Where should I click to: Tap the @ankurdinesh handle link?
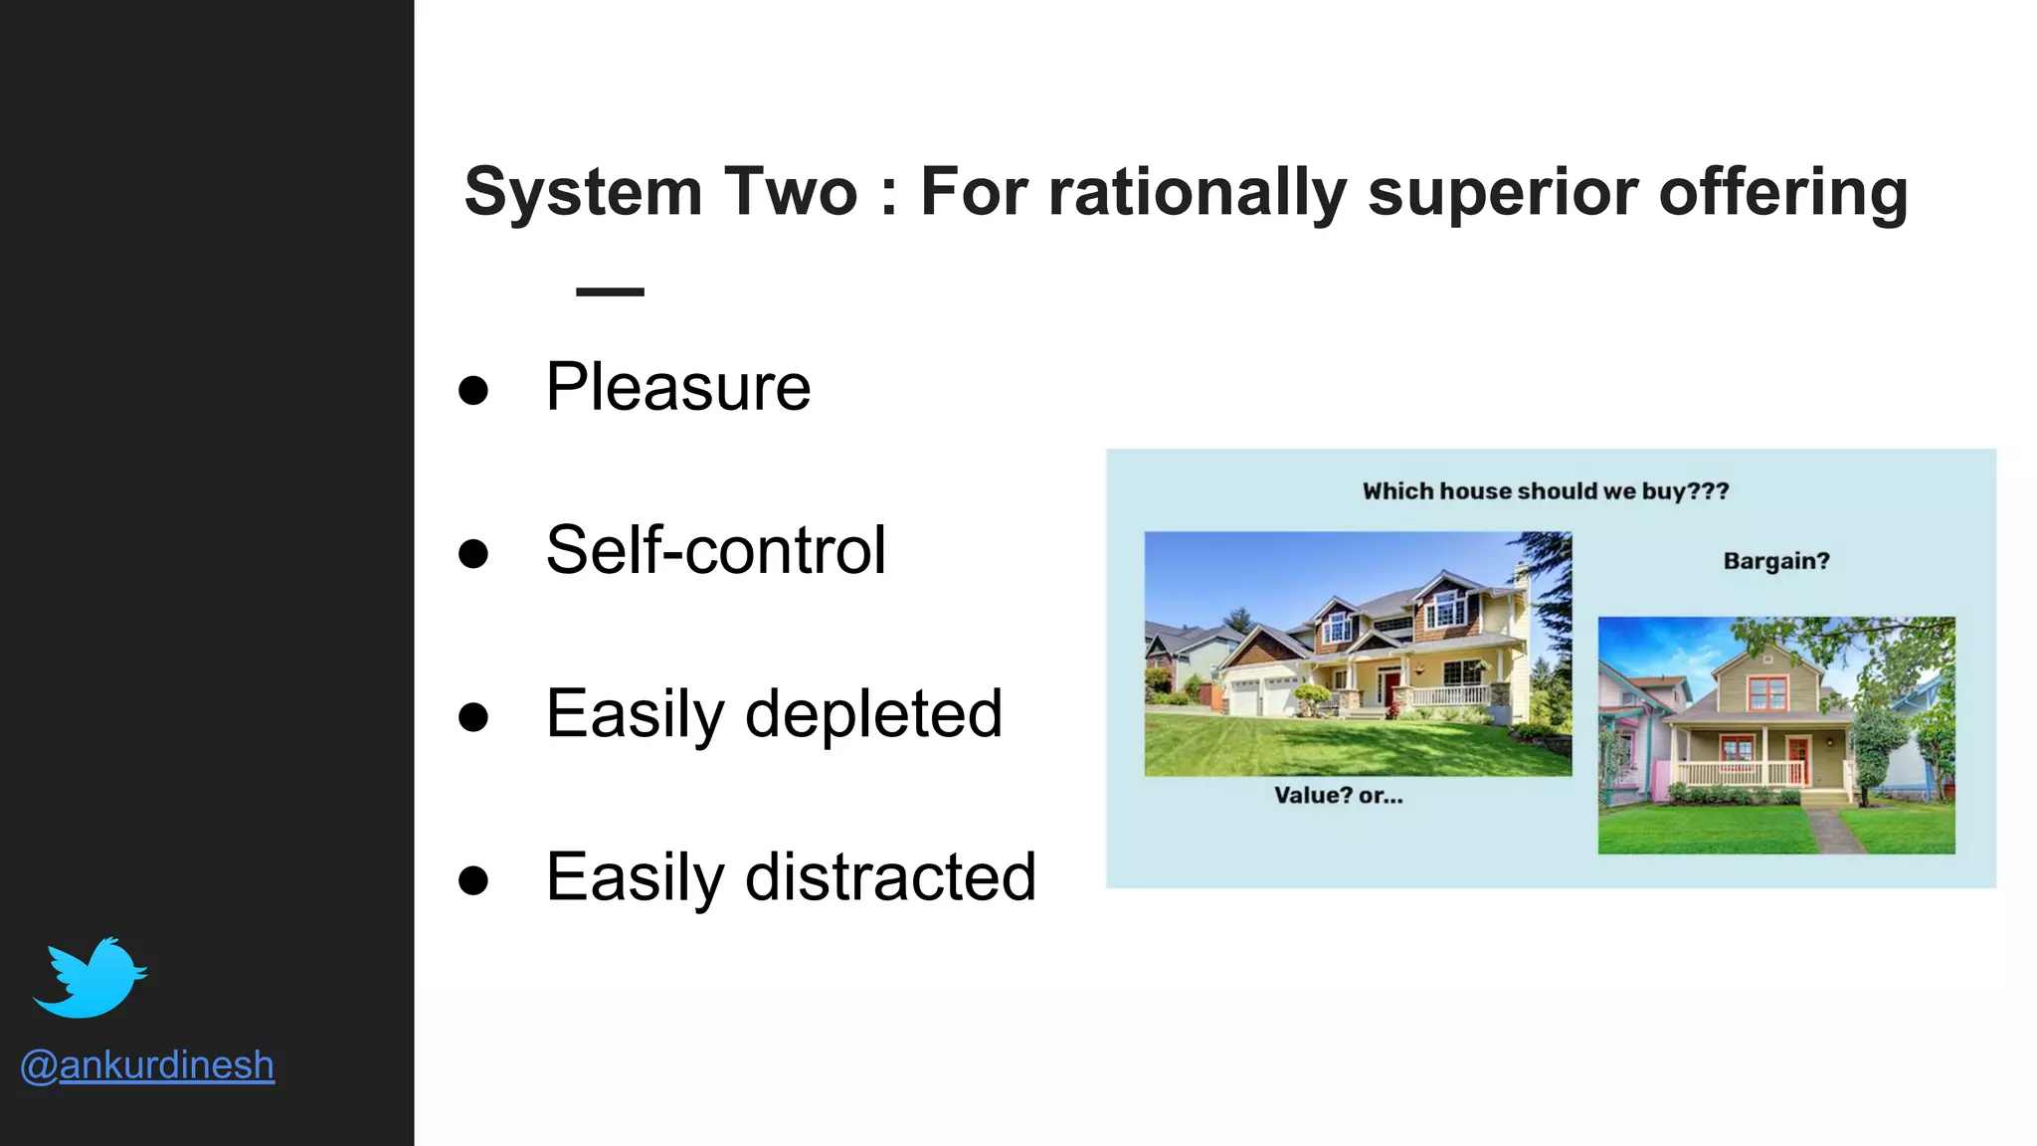click(147, 1065)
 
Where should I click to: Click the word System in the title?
click(584, 192)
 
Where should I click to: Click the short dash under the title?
click(610, 291)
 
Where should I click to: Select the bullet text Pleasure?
click(678, 387)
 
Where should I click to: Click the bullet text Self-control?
click(715, 550)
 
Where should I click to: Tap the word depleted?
click(873, 714)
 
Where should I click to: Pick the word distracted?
click(890, 877)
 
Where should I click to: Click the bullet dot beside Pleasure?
click(473, 390)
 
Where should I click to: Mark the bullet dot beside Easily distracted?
click(473, 880)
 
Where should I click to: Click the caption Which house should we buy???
click(1545, 491)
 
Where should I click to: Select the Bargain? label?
click(1775, 561)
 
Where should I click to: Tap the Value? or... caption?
click(1338, 796)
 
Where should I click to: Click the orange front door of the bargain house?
click(1796, 760)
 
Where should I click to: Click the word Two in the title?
click(790, 192)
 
